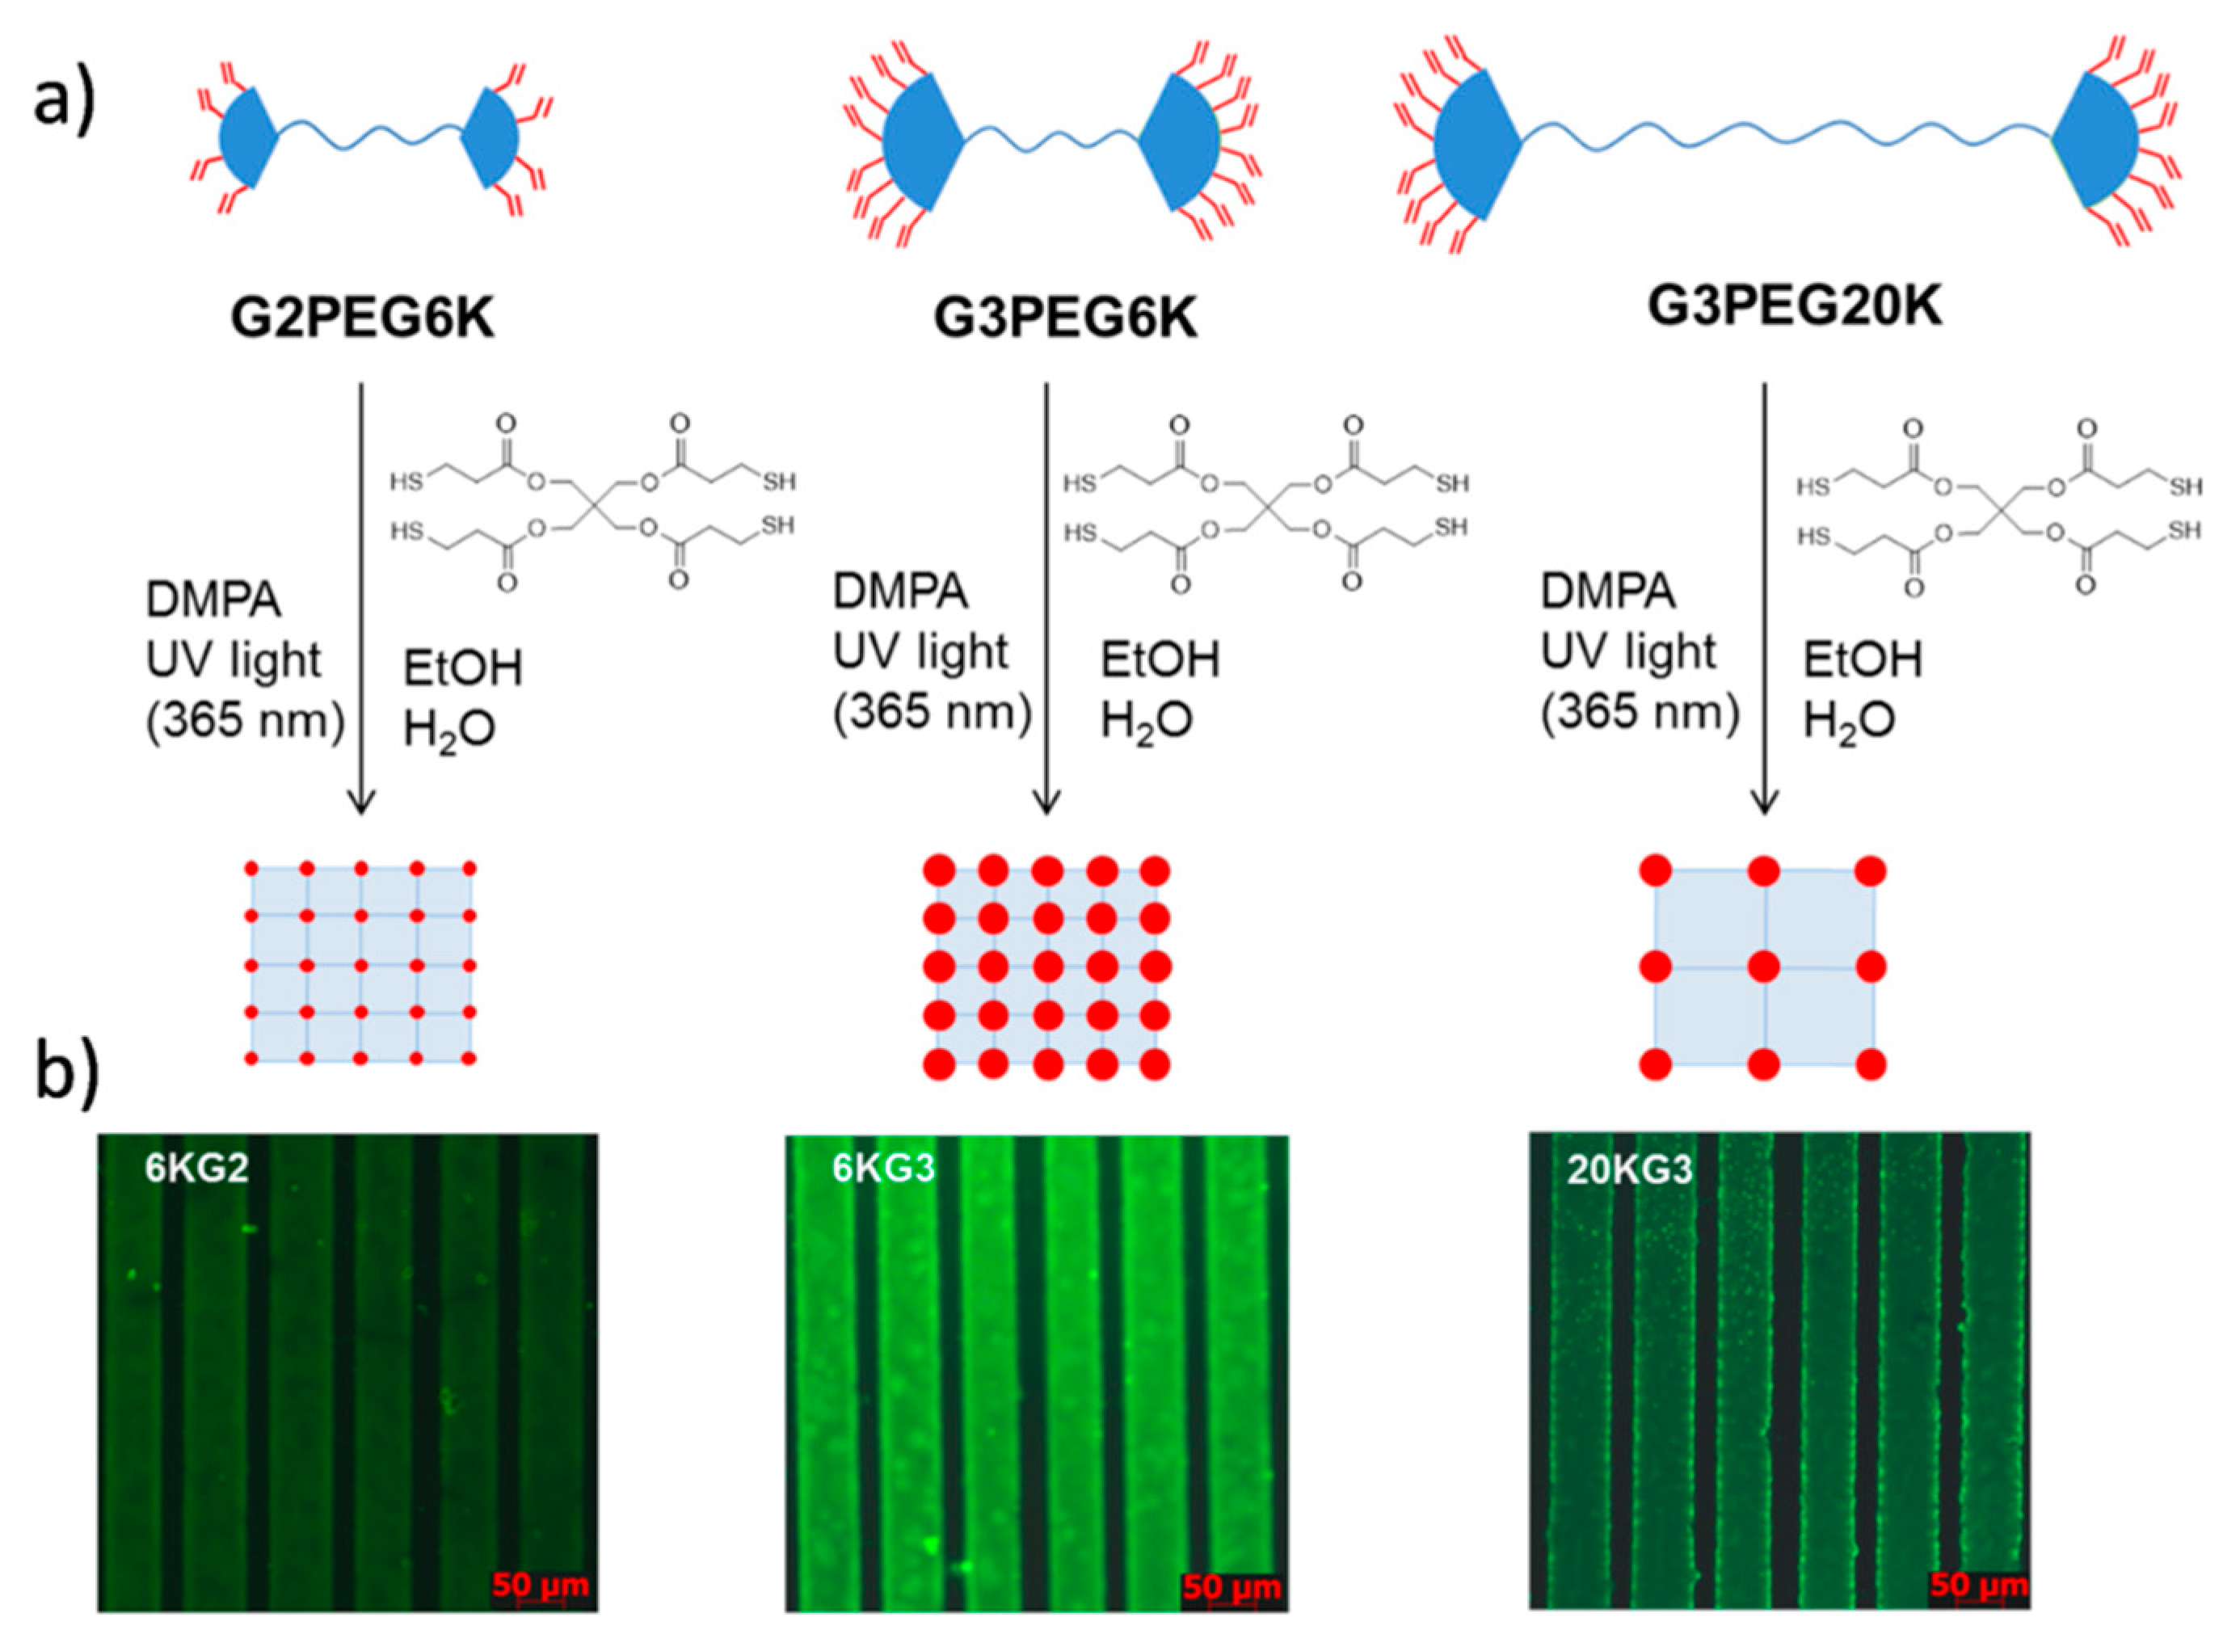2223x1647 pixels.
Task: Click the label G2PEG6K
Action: (x=363, y=320)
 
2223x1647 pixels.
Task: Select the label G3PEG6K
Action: (x=1065, y=320)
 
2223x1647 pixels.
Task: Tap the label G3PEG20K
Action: (x=1795, y=307)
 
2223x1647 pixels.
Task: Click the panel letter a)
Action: (x=65, y=102)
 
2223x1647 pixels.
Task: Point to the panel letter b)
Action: (x=67, y=1074)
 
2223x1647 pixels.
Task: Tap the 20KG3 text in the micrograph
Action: (x=1629, y=1169)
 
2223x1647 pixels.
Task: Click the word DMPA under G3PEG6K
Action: (x=900, y=592)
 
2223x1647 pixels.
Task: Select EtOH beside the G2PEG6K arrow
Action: (x=462, y=668)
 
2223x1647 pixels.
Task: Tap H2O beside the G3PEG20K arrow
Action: (x=1849, y=721)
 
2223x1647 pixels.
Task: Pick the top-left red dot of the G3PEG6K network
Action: (x=939, y=871)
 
